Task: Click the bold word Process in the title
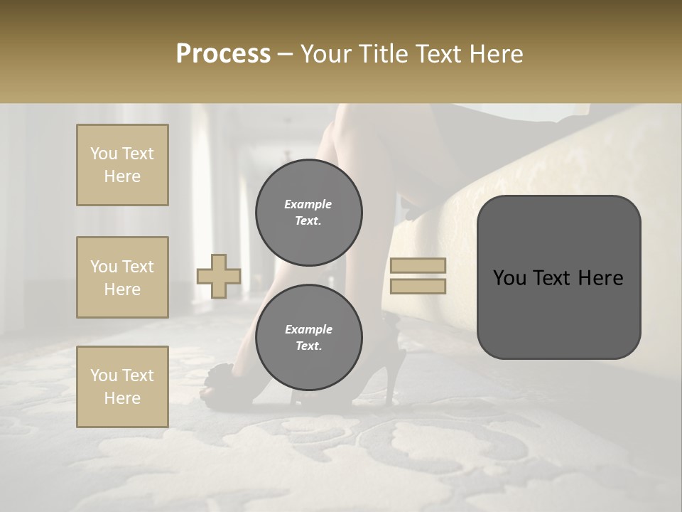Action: click(x=223, y=54)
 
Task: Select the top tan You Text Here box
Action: click(x=122, y=165)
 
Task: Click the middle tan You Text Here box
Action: click(x=122, y=277)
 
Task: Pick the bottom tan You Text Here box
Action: click(x=122, y=386)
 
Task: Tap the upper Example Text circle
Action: click(x=308, y=213)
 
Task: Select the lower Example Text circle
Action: click(x=308, y=338)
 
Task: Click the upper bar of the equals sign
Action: click(x=418, y=266)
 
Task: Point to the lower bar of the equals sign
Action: click(x=418, y=286)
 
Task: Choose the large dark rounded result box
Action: click(x=558, y=277)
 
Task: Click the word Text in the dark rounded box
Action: click(x=558, y=278)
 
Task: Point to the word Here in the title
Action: click(x=496, y=54)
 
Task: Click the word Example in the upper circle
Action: click(x=308, y=204)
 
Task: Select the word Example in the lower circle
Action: click(x=308, y=329)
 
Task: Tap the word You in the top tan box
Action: click(x=103, y=154)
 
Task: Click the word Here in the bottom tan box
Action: click(x=122, y=398)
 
